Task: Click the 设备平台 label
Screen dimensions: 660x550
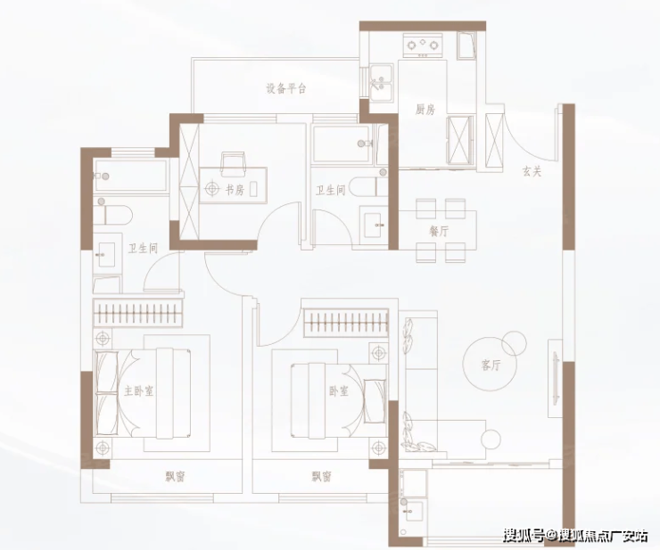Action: (x=285, y=88)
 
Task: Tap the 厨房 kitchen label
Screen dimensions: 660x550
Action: (x=425, y=110)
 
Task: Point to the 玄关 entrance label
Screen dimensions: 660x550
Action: (x=532, y=171)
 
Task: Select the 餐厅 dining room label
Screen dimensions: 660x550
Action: (x=439, y=232)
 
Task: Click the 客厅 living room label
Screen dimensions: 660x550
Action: (x=491, y=365)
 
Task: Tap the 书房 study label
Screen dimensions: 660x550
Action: (x=235, y=190)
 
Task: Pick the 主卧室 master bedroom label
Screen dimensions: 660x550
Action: (x=138, y=391)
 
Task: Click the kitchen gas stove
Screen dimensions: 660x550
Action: (x=423, y=45)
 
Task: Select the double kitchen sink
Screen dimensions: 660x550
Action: (x=382, y=82)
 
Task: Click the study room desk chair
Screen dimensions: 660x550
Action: (x=233, y=165)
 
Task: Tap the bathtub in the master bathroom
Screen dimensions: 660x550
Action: (x=130, y=176)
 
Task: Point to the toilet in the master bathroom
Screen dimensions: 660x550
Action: (x=112, y=214)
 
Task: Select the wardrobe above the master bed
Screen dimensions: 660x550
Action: (x=138, y=313)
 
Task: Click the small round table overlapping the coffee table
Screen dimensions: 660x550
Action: (x=514, y=343)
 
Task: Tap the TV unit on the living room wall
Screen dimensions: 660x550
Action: (x=555, y=378)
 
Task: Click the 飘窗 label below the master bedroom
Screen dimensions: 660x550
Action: (x=175, y=477)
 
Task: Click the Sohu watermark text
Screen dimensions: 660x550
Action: (x=576, y=535)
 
